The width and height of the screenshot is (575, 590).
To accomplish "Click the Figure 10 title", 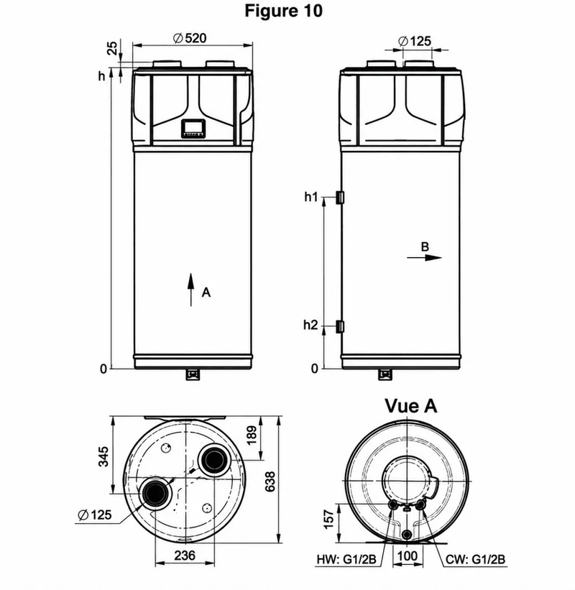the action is click(283, 11).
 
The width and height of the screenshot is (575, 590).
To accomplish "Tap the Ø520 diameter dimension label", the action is click(190, 38).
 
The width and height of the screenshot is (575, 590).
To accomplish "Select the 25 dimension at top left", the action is click(113, 48).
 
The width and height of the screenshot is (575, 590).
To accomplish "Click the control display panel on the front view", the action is click(193, 129).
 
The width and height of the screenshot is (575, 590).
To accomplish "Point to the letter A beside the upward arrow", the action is click(206, 292).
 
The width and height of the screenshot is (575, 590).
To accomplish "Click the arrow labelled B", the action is click(424, 258).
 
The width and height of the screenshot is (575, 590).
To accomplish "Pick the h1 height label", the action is click(311, 197).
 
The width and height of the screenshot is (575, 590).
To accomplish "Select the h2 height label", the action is click(310, 325).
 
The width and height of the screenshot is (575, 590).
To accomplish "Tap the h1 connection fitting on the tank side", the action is click(340, 198).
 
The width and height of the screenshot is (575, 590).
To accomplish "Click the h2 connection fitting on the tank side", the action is click(340, 326).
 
